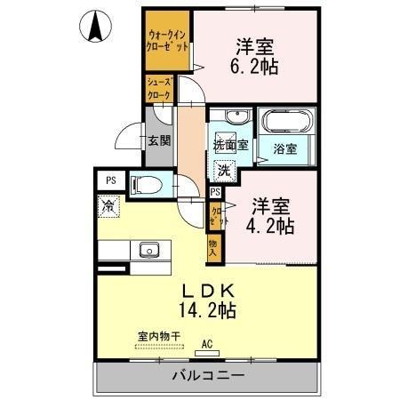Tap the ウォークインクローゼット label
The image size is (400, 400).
tap(167, 41)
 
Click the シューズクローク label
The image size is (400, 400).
tap(159, 89)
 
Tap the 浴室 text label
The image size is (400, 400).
tap(284, 149)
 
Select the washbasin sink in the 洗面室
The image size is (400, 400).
tap(233, 120)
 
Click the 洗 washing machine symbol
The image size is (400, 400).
tap(225, 169)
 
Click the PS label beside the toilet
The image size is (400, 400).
tap(111, 180)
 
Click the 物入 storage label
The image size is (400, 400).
tap(213, 248)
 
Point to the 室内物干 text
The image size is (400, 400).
tap(159, 335)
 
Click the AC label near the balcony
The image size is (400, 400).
tap(208, 342)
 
